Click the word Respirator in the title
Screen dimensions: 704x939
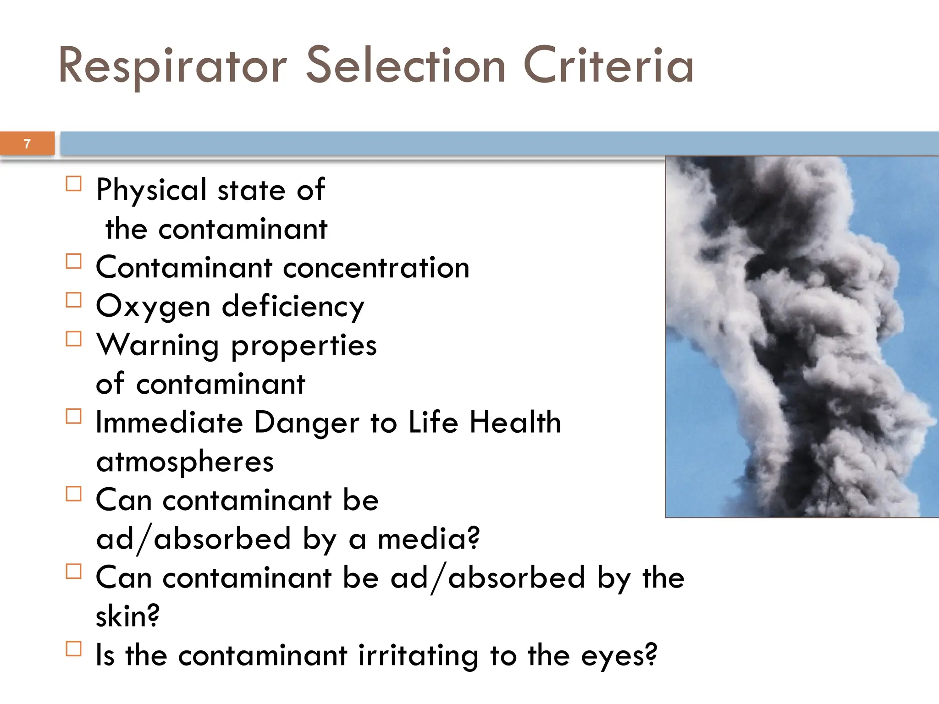[172, 66]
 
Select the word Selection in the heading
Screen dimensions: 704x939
[405, 66]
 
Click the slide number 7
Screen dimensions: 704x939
[28, 144]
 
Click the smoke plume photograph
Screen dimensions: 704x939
[801, 337]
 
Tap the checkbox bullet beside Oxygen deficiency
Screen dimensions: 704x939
[74, 300]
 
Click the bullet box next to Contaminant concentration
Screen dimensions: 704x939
[74, 262]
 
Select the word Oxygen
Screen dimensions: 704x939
[153, 307]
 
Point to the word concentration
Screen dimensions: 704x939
[376, 268]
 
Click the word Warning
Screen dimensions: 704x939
[158, 346]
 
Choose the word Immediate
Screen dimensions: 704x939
[169, 423]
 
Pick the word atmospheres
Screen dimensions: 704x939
[185, 462]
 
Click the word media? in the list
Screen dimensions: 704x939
[429, 539]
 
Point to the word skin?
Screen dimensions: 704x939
[128, 616]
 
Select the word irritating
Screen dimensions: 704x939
[418, 655]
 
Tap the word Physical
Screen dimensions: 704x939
[151, 190]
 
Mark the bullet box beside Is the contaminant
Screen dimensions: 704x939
[74, 649]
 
